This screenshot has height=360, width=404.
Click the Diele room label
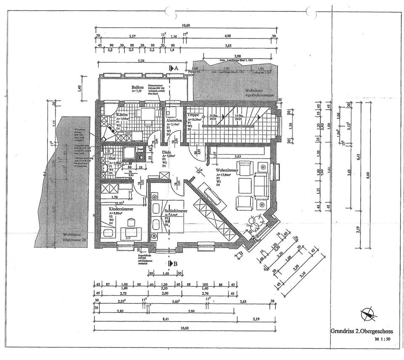pyautogui.click(x=167, y=153)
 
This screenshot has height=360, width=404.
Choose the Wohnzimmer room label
pyautogui.click(x=228, y=170)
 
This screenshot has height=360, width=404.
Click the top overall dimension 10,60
pyautogui.click(x=185, y=26)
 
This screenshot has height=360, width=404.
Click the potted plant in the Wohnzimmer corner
pyautogui.click(x=255, y=222)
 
